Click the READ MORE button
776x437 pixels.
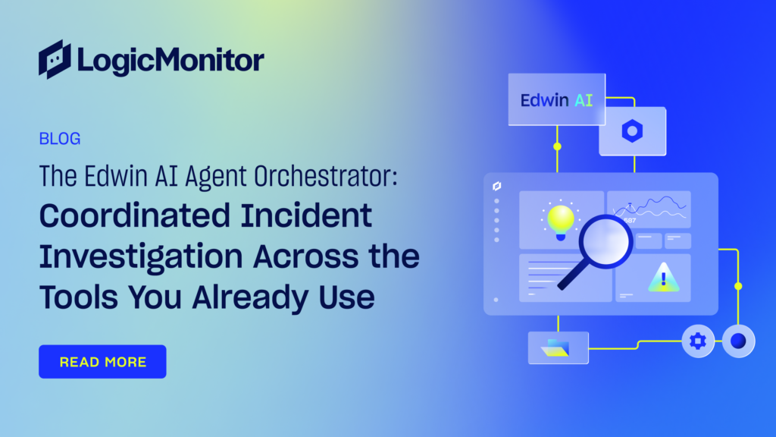click(x=102, y=362)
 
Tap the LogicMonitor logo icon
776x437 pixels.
click(x=55, y=59)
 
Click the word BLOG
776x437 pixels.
click(x=60, y=139)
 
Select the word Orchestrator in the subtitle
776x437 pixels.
click(x=326, y=176)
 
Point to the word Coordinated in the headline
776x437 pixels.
click(x=205, y=216)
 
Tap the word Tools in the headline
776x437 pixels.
click(x=79, y=297)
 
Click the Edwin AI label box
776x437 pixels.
click(x=557, y=99)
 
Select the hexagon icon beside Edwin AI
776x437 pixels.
click(x=632, y=131)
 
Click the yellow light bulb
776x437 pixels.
click(x=561, y=221)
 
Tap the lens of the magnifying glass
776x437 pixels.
click(x=605, y=242)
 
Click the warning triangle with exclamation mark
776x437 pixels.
click(x=664, y=278)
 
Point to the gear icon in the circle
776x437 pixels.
click(x=698, y=341)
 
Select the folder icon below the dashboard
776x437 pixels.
click(x=555, y=347)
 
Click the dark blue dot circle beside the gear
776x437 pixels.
click(x=738, y=341)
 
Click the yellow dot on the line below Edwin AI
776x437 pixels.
click(x=557, y=146)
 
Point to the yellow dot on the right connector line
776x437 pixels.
click(x=738, y=286)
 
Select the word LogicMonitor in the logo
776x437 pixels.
click(x=171, y=61)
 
